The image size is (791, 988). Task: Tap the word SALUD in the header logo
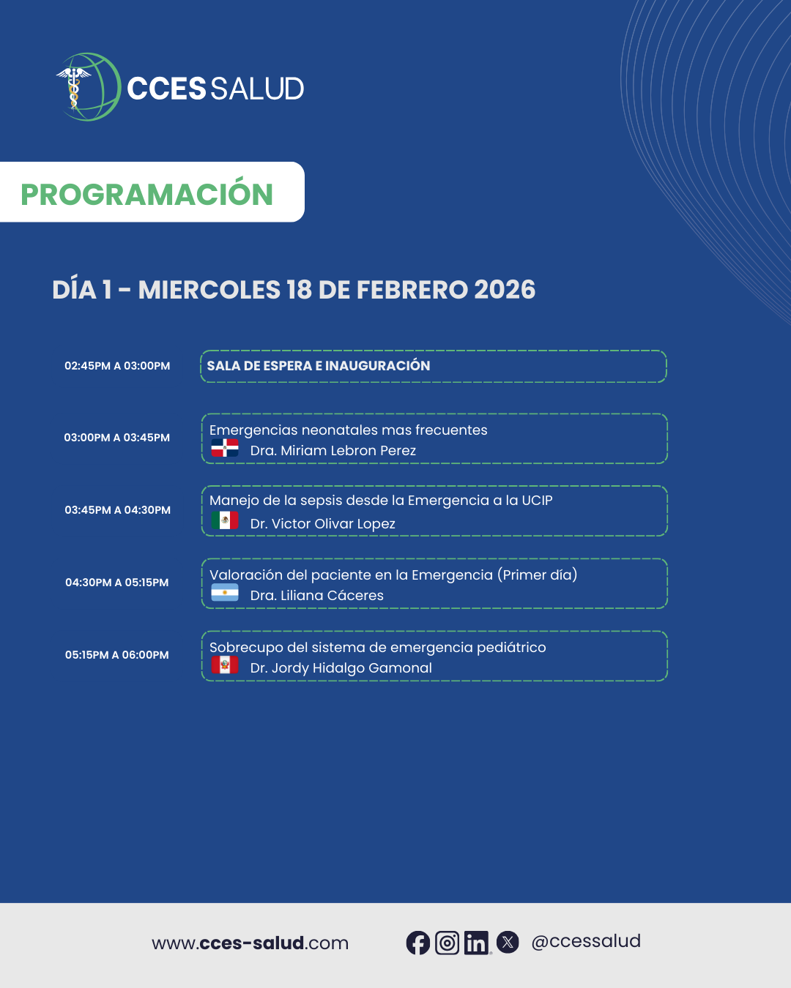click(257, 89)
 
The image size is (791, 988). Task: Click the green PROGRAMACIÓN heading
click(147, 194)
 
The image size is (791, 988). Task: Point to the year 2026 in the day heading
click(505, 290)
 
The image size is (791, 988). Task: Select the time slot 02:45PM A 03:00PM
click(117, 366)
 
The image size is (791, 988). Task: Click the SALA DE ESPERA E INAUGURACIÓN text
click(319, 366)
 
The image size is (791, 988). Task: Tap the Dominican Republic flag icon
click(225, 448)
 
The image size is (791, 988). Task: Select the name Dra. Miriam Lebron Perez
click(333, 450)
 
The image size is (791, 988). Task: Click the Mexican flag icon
click(225, 520)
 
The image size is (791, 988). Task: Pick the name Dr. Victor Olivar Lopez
click(323, 523)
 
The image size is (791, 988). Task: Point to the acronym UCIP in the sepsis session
click(537, 501)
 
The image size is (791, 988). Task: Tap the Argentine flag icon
click(225, 592)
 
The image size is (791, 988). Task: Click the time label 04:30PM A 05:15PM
click(116, 583)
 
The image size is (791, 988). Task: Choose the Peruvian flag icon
click(225, 665)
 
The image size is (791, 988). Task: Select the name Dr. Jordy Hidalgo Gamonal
click(341, 668)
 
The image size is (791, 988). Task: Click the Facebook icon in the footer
click(417, 943)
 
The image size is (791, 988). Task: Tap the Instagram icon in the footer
click(448, 943)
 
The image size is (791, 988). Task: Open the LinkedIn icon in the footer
click(477, 943)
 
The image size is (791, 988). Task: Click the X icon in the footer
click(508, 943)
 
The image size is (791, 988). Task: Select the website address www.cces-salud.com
click(250, 943)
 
